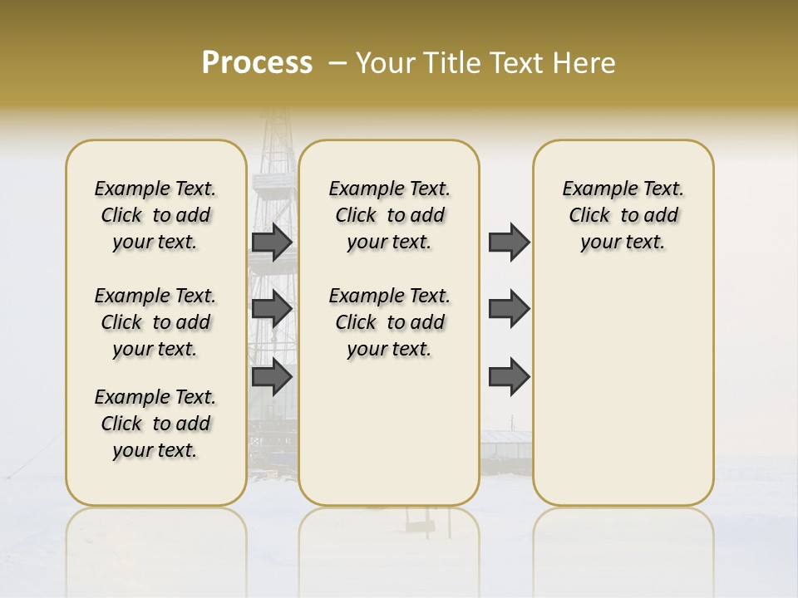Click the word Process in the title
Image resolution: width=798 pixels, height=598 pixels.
click(257, 63)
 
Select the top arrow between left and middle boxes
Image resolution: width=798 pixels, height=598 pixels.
click(272, 242)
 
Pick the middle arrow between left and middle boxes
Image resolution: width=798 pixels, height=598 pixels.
click(272, 309)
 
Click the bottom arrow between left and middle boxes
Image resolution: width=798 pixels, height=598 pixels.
click(272, 377)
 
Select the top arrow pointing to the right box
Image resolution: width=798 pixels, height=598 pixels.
click(509, 242)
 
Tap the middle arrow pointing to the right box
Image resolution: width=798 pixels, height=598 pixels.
click(509, 309)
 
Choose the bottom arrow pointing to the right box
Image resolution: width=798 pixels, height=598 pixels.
click(509, 377)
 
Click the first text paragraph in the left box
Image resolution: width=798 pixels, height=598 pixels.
click(155, 215)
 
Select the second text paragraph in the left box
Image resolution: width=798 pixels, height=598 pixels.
click(155, 322)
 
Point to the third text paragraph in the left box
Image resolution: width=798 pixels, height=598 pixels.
click(155, 424)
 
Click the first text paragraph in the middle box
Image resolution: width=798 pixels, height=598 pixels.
click(389, 215)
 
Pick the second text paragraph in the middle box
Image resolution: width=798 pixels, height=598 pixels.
click(389, 322)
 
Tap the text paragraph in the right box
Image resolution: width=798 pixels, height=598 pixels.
click(623, 215)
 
